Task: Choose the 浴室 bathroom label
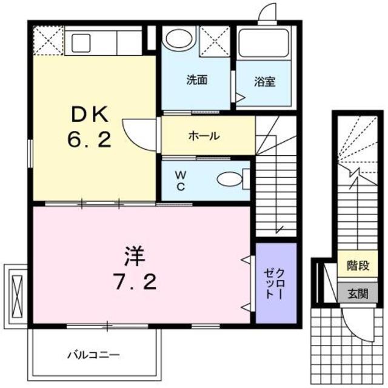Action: pyautogui.click(x=264, y=81)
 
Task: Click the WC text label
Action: pyautogui.click(x=180, y=179)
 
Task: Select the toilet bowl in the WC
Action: pyautogui.click(x=230, y=179)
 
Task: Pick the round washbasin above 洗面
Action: pyautogui.click(x=178, y=38)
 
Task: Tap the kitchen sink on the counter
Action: pyautogui.click(x=81, y=42)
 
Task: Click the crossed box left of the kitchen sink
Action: pyautogui.click(x=49, y=41)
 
